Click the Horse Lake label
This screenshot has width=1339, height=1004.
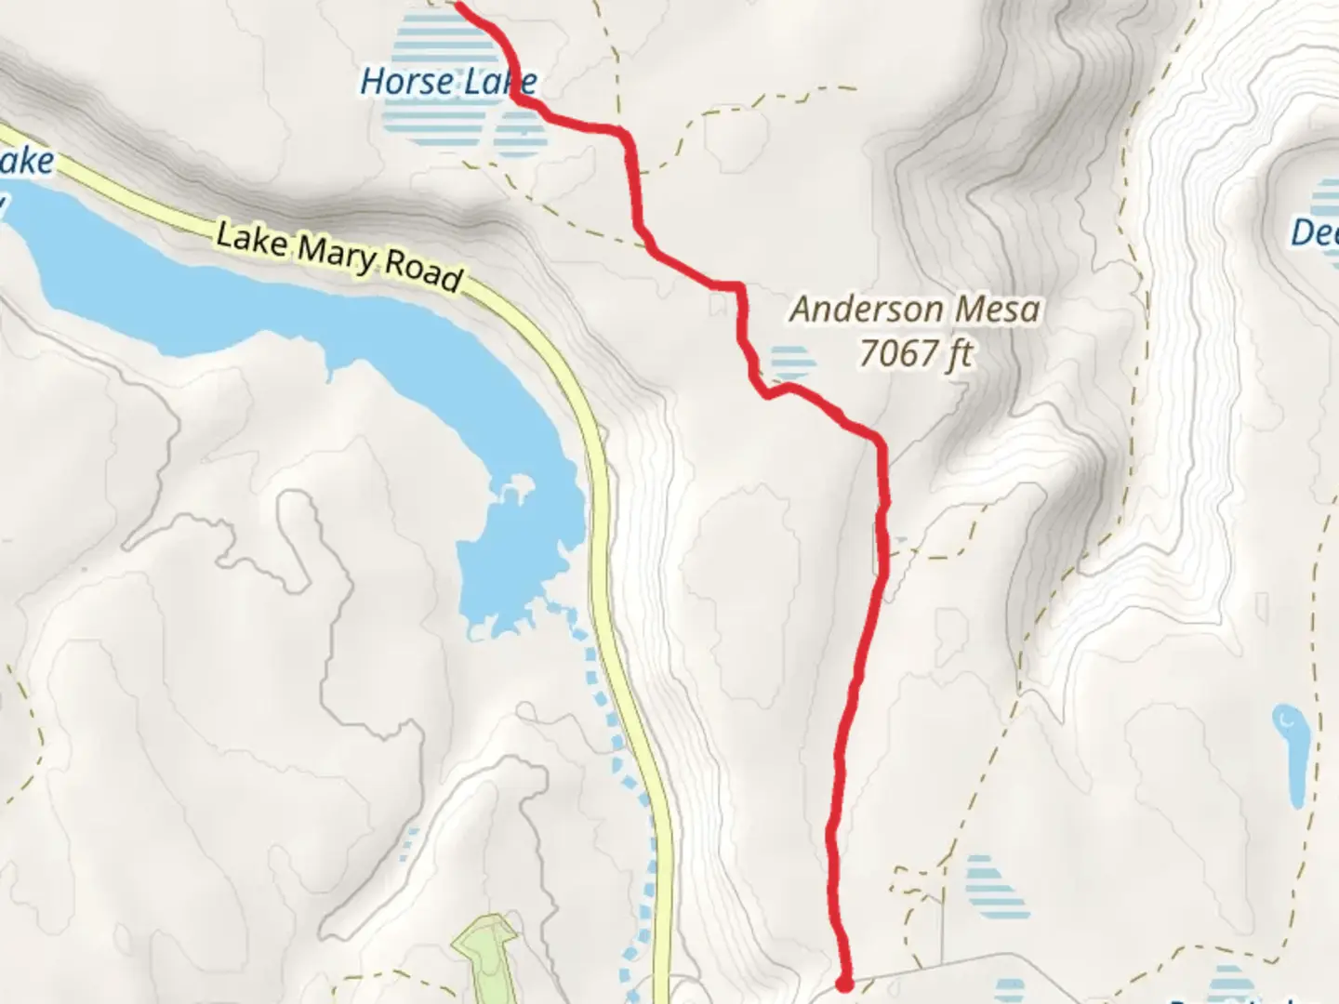[448, 82]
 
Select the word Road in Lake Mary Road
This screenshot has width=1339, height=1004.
[423, 270]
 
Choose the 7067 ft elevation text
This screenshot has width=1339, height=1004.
[915, 353]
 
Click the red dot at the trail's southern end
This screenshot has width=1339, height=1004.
[844, 982]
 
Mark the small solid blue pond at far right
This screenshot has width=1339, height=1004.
[1291, 753]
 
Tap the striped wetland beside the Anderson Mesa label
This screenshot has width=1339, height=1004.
[790, 362]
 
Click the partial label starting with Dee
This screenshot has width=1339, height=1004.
[1313, 231]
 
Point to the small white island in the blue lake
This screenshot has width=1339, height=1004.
[514, 490]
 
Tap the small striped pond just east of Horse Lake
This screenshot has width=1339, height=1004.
[521, 133]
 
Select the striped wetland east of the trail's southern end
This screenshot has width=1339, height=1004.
[997, 886]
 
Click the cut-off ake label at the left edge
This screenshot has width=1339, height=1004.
[26, 163]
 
